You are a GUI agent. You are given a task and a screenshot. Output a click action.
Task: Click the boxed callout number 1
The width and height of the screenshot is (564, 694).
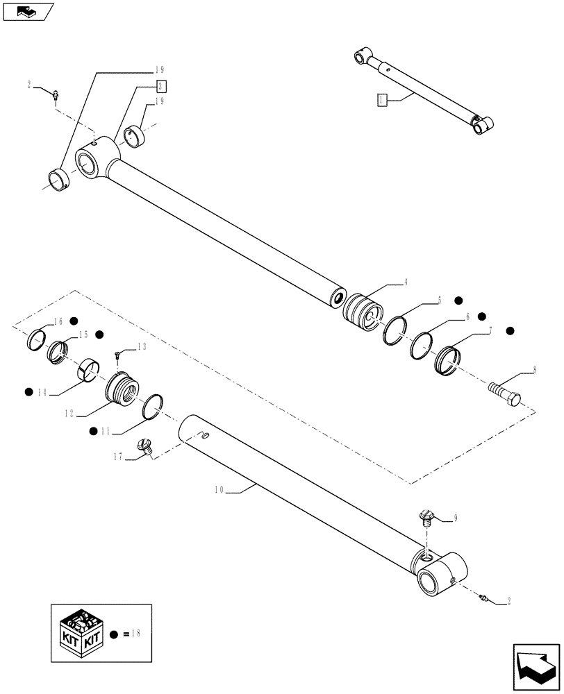381,100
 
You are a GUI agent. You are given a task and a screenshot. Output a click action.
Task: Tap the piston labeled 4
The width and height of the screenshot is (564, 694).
363,314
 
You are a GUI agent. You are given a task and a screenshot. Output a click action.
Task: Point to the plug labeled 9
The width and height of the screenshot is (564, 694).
425,517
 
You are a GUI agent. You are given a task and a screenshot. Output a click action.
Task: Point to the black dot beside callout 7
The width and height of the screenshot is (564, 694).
510,332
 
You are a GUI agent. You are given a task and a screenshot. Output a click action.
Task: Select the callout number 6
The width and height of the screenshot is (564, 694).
467,316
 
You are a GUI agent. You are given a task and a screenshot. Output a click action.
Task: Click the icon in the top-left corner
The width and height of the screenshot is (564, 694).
27,12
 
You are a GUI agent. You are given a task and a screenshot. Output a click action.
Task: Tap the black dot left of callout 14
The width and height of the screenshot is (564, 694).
29,391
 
